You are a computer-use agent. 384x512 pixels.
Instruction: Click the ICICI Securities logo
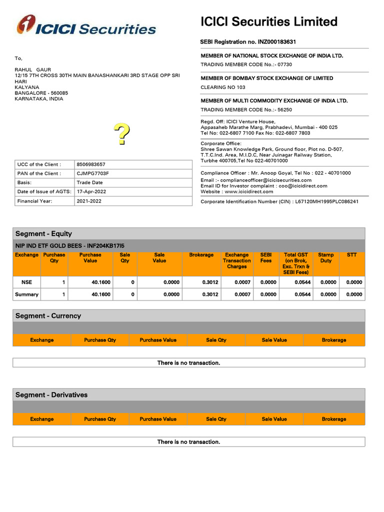point(86,26)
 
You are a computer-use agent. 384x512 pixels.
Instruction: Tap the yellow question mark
point(121,134)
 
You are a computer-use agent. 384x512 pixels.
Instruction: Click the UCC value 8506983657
point(91,164)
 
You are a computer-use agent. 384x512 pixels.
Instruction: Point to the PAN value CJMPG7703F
point(92,173)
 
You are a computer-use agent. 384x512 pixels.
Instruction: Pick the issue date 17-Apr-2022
point(91,192)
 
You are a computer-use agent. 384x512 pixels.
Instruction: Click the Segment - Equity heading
point(44,233)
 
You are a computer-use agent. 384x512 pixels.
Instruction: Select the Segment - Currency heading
point(48,316)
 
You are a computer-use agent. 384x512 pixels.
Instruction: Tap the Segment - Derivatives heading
point(51,395)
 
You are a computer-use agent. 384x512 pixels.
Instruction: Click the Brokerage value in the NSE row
point(210,282)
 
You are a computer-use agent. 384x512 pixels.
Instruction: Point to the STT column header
point(351,255)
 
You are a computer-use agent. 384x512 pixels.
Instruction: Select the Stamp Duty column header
point(326,258)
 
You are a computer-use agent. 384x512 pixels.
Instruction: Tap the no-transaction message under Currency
point(188,363)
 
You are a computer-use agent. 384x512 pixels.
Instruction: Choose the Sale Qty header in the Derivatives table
point(216,419)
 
